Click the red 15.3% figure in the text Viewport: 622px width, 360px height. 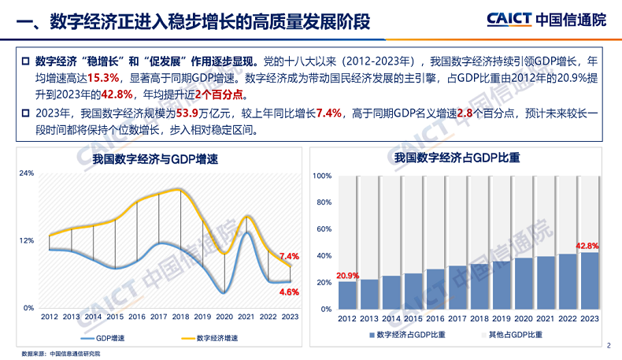(103, 78)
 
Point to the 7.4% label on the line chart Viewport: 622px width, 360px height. (289, 257)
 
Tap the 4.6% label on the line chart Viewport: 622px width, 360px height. (289, 291)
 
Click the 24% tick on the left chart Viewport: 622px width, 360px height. (27, 173)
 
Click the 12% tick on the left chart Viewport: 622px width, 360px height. (27, 239)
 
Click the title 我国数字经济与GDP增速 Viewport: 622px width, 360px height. (154, 159)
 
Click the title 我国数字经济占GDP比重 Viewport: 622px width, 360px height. (468, 159)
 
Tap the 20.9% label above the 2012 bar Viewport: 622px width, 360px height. (347, 276)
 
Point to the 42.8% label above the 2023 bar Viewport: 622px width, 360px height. (589, 246)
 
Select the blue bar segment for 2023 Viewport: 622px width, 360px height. (589, 280)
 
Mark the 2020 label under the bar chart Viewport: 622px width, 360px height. (523, 316)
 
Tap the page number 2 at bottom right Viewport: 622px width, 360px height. (609, 345)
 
